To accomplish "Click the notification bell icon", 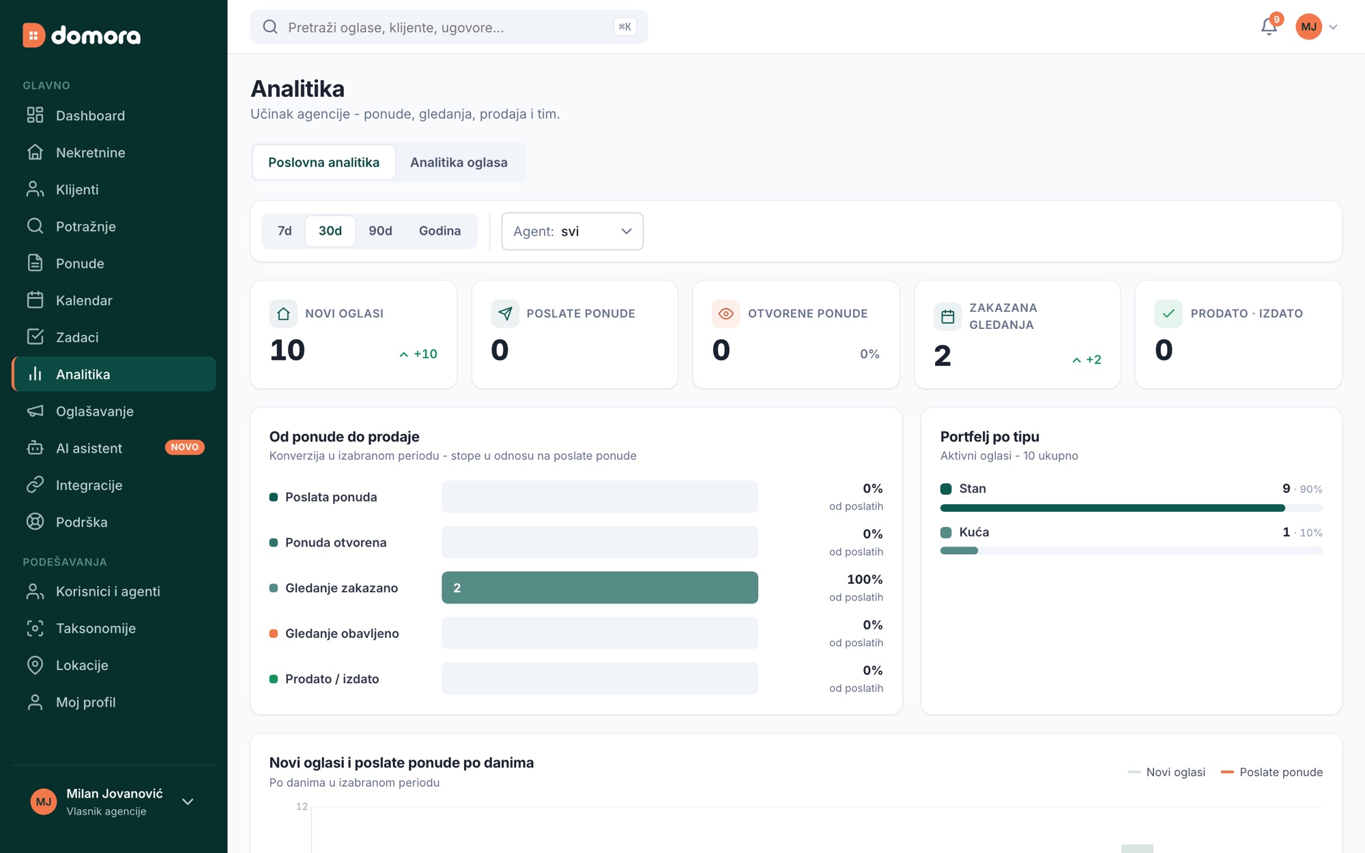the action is tap(1268, 27).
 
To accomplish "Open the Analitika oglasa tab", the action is tap(459, 162).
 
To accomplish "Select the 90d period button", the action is tap(380, 231).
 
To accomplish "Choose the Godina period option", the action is tap(440, 231).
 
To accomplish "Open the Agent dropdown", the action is tap(572, 231).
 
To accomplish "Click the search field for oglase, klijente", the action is tap(449, 27).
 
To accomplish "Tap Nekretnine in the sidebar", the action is tap(91, 152).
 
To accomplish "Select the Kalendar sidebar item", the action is tap(84, 300).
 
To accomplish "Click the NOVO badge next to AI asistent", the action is tap(184, 448).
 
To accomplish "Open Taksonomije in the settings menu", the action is tap(96, 628).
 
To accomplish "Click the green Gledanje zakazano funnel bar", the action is tap(599, 588).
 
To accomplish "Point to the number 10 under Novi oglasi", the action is tap(287, 350).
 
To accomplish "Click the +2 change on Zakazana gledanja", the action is tap(1087, 360).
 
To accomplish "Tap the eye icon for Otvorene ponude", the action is tap(726, 314).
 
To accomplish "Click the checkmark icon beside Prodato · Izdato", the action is tap(1168, 314).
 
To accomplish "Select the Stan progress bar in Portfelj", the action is tap(1131, 508).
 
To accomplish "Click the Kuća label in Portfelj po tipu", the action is tap(974, 532).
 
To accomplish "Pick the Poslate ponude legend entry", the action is tap(1271, 772).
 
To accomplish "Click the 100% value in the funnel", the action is tap(865, 579).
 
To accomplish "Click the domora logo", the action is tap(82, 35).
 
